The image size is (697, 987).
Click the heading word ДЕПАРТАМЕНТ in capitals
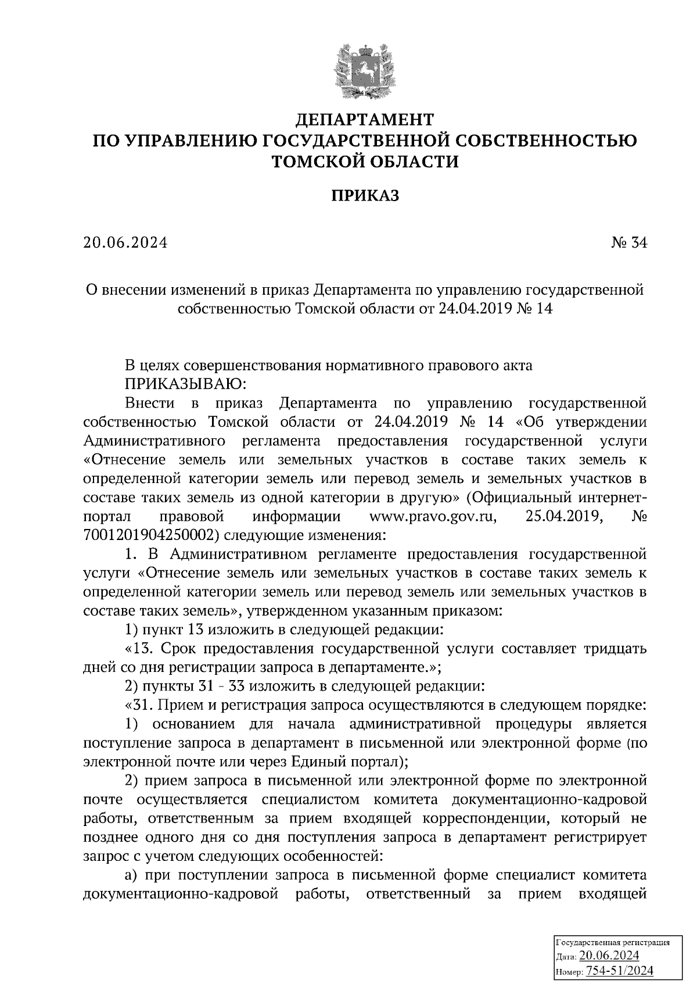coord(365,120)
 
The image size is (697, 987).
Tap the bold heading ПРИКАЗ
coord(365,196)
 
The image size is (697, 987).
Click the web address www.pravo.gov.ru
coord(433,517)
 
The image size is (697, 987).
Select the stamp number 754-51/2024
coord(620,970)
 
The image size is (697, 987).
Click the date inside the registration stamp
coord(609,956)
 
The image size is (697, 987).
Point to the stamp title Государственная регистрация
coord(614,942)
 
